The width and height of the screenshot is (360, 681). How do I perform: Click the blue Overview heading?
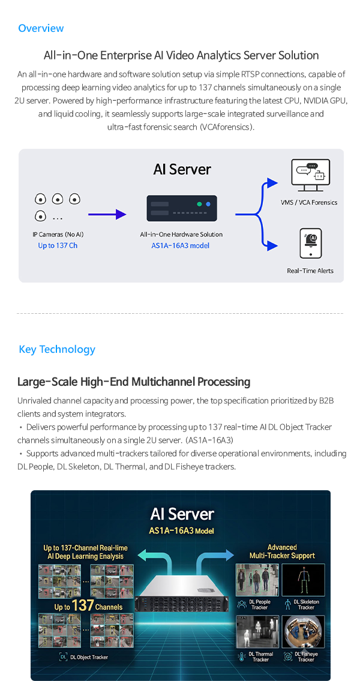click(41, 28)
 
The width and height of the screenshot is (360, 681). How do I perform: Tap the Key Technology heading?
click(57, 349)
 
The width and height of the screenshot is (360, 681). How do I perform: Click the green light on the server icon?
click(199, 203)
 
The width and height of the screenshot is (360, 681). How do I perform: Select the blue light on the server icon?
click(208, 203)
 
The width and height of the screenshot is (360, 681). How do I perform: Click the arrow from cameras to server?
click(107, 214)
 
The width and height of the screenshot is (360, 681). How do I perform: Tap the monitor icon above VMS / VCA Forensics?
click(310, 175)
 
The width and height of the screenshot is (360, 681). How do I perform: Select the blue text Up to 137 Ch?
click(58, 246)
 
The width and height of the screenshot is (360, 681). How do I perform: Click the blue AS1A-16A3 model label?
click(180, 246)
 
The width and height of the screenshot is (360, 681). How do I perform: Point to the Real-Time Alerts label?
click(310, 271)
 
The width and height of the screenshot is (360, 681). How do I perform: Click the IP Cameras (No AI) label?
click(58, 235)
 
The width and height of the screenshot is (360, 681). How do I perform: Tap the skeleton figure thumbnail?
click(303, 580)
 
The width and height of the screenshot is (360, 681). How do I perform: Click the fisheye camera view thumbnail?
click(303, 632)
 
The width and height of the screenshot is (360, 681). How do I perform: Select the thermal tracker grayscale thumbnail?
click(257, 632)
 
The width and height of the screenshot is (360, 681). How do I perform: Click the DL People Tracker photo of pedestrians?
click(257, 580)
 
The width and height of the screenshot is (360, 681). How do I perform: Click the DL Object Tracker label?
click(89, 657)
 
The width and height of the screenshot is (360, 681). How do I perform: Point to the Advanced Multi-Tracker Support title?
click(282, 551)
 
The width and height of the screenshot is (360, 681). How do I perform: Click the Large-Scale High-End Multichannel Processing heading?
click(134, 382)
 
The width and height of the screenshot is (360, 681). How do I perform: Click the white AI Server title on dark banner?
click(182, 514)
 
